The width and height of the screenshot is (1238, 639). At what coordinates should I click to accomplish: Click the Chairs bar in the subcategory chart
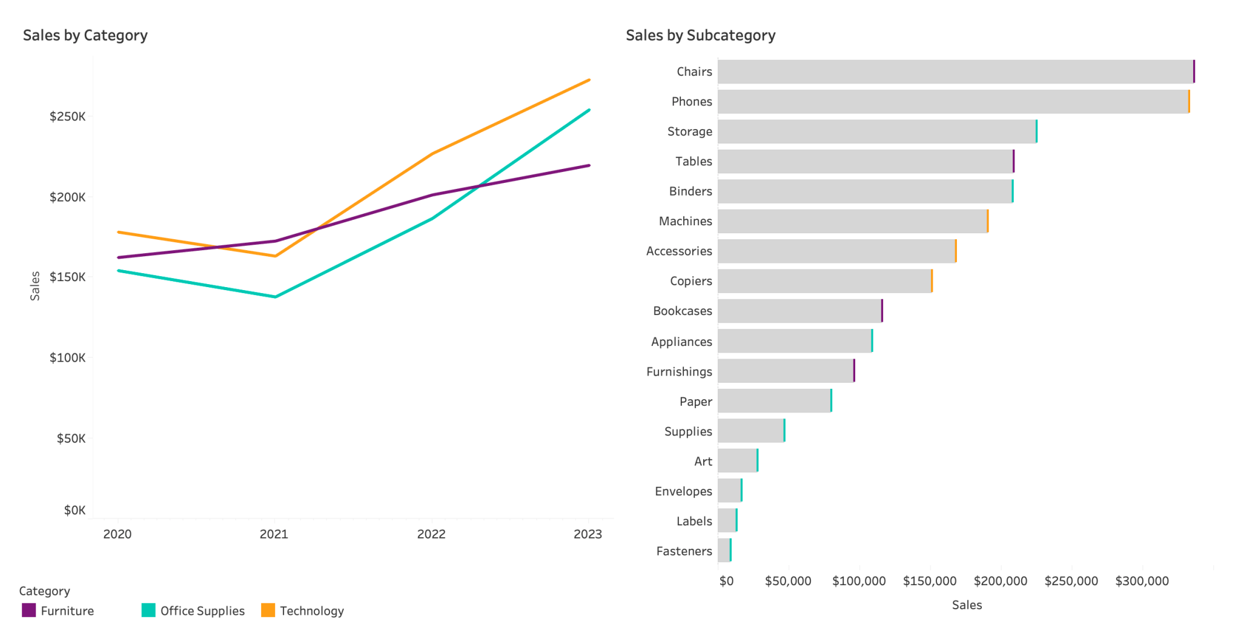pyautogui.click(x=956, y=71)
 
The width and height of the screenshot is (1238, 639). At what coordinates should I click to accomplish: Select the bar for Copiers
pyautogui.click(x=825, y=281)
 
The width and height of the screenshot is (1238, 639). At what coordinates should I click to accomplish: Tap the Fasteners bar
pyautogui.click(x=724, y=551)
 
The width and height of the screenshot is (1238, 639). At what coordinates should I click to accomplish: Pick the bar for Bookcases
pyautogui.click(x=799, y=311)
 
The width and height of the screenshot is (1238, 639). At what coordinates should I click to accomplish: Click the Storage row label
pyautogui.click(x=689, y=131)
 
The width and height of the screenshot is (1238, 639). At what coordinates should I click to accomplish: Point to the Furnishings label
pyautogui.click(x=678, y=371)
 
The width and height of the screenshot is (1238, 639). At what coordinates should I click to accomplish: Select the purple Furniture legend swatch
pyautogui.click(x=28, y=610)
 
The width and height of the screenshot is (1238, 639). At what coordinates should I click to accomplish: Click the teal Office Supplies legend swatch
pyautogui.click(x=148, y=610)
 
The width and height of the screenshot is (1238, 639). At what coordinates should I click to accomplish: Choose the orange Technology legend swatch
pyautogui.click(x=268, y=610)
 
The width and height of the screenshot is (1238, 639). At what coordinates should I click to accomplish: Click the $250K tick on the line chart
pyautogui.click(x=67, y=116)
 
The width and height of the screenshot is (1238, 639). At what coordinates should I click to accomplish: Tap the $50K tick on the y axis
pyautogui.click(x=71, y=438)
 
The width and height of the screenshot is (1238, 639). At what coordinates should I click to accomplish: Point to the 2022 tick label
pyautogui.click(x=431, y=534)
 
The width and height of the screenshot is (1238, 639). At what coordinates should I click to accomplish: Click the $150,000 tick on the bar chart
pyautogui.click(x=929, y=581)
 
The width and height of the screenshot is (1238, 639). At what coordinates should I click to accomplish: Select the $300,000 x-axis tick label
pyautogui.click(x=1142, y=581)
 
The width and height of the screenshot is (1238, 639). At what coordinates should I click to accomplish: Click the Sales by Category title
pyautogui.click(x=85, y=35)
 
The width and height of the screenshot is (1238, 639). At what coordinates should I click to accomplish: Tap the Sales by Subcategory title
pyautogui.click(x=700, y=35)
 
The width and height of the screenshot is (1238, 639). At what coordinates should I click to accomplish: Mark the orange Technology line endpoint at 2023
pyautogui.click(x=589, y=80)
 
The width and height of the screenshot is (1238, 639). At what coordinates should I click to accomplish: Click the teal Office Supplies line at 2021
pyautogui.click(x=275, y=297)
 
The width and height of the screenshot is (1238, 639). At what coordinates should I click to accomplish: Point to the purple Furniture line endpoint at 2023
pyautogui.click(x=589, y=165)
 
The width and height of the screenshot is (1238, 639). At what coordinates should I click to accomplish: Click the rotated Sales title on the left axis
pyautogui.click(x=35, y=286)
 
